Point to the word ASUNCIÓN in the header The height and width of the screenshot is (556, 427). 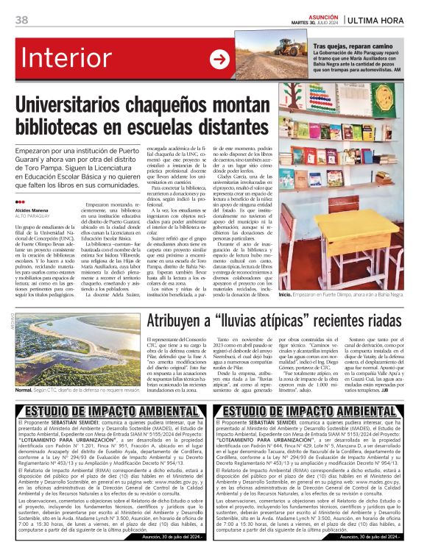point(322,15)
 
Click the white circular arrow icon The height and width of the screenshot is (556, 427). point(219,60)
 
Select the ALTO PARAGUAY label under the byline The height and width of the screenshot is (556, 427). point(31,216)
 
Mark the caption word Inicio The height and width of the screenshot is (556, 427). point(285,293)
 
